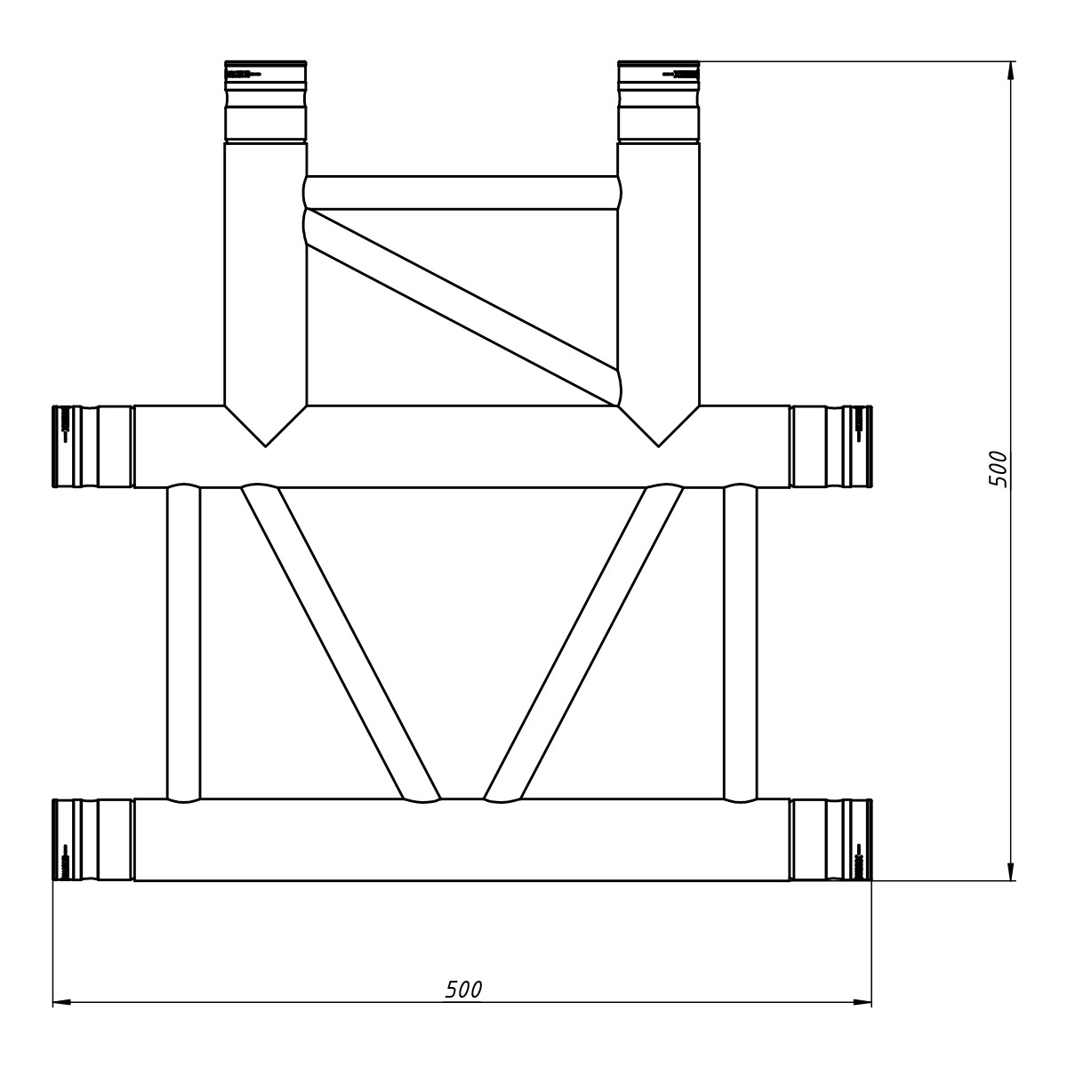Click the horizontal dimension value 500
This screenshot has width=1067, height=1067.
click(463, 989)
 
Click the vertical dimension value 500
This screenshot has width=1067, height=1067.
click(999, 469)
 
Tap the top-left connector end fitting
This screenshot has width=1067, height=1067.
click(265, 101)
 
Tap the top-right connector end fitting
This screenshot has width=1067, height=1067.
click(659, 101)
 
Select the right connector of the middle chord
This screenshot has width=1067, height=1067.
click(830, 446)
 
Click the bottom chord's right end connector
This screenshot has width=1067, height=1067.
click(830, 840)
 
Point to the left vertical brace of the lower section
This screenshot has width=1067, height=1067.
click(184, 643)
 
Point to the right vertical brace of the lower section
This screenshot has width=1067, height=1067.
click(741, 643)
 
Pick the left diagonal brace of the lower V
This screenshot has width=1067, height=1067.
click(341, 643)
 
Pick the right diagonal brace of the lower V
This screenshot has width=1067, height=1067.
click(584, 643)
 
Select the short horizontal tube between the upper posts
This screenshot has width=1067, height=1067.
click(462, 193)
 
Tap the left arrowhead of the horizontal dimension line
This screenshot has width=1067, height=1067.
click(60, 1002)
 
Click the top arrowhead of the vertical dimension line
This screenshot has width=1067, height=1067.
click(1011, 69)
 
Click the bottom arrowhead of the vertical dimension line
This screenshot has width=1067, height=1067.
click(1011, 872)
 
